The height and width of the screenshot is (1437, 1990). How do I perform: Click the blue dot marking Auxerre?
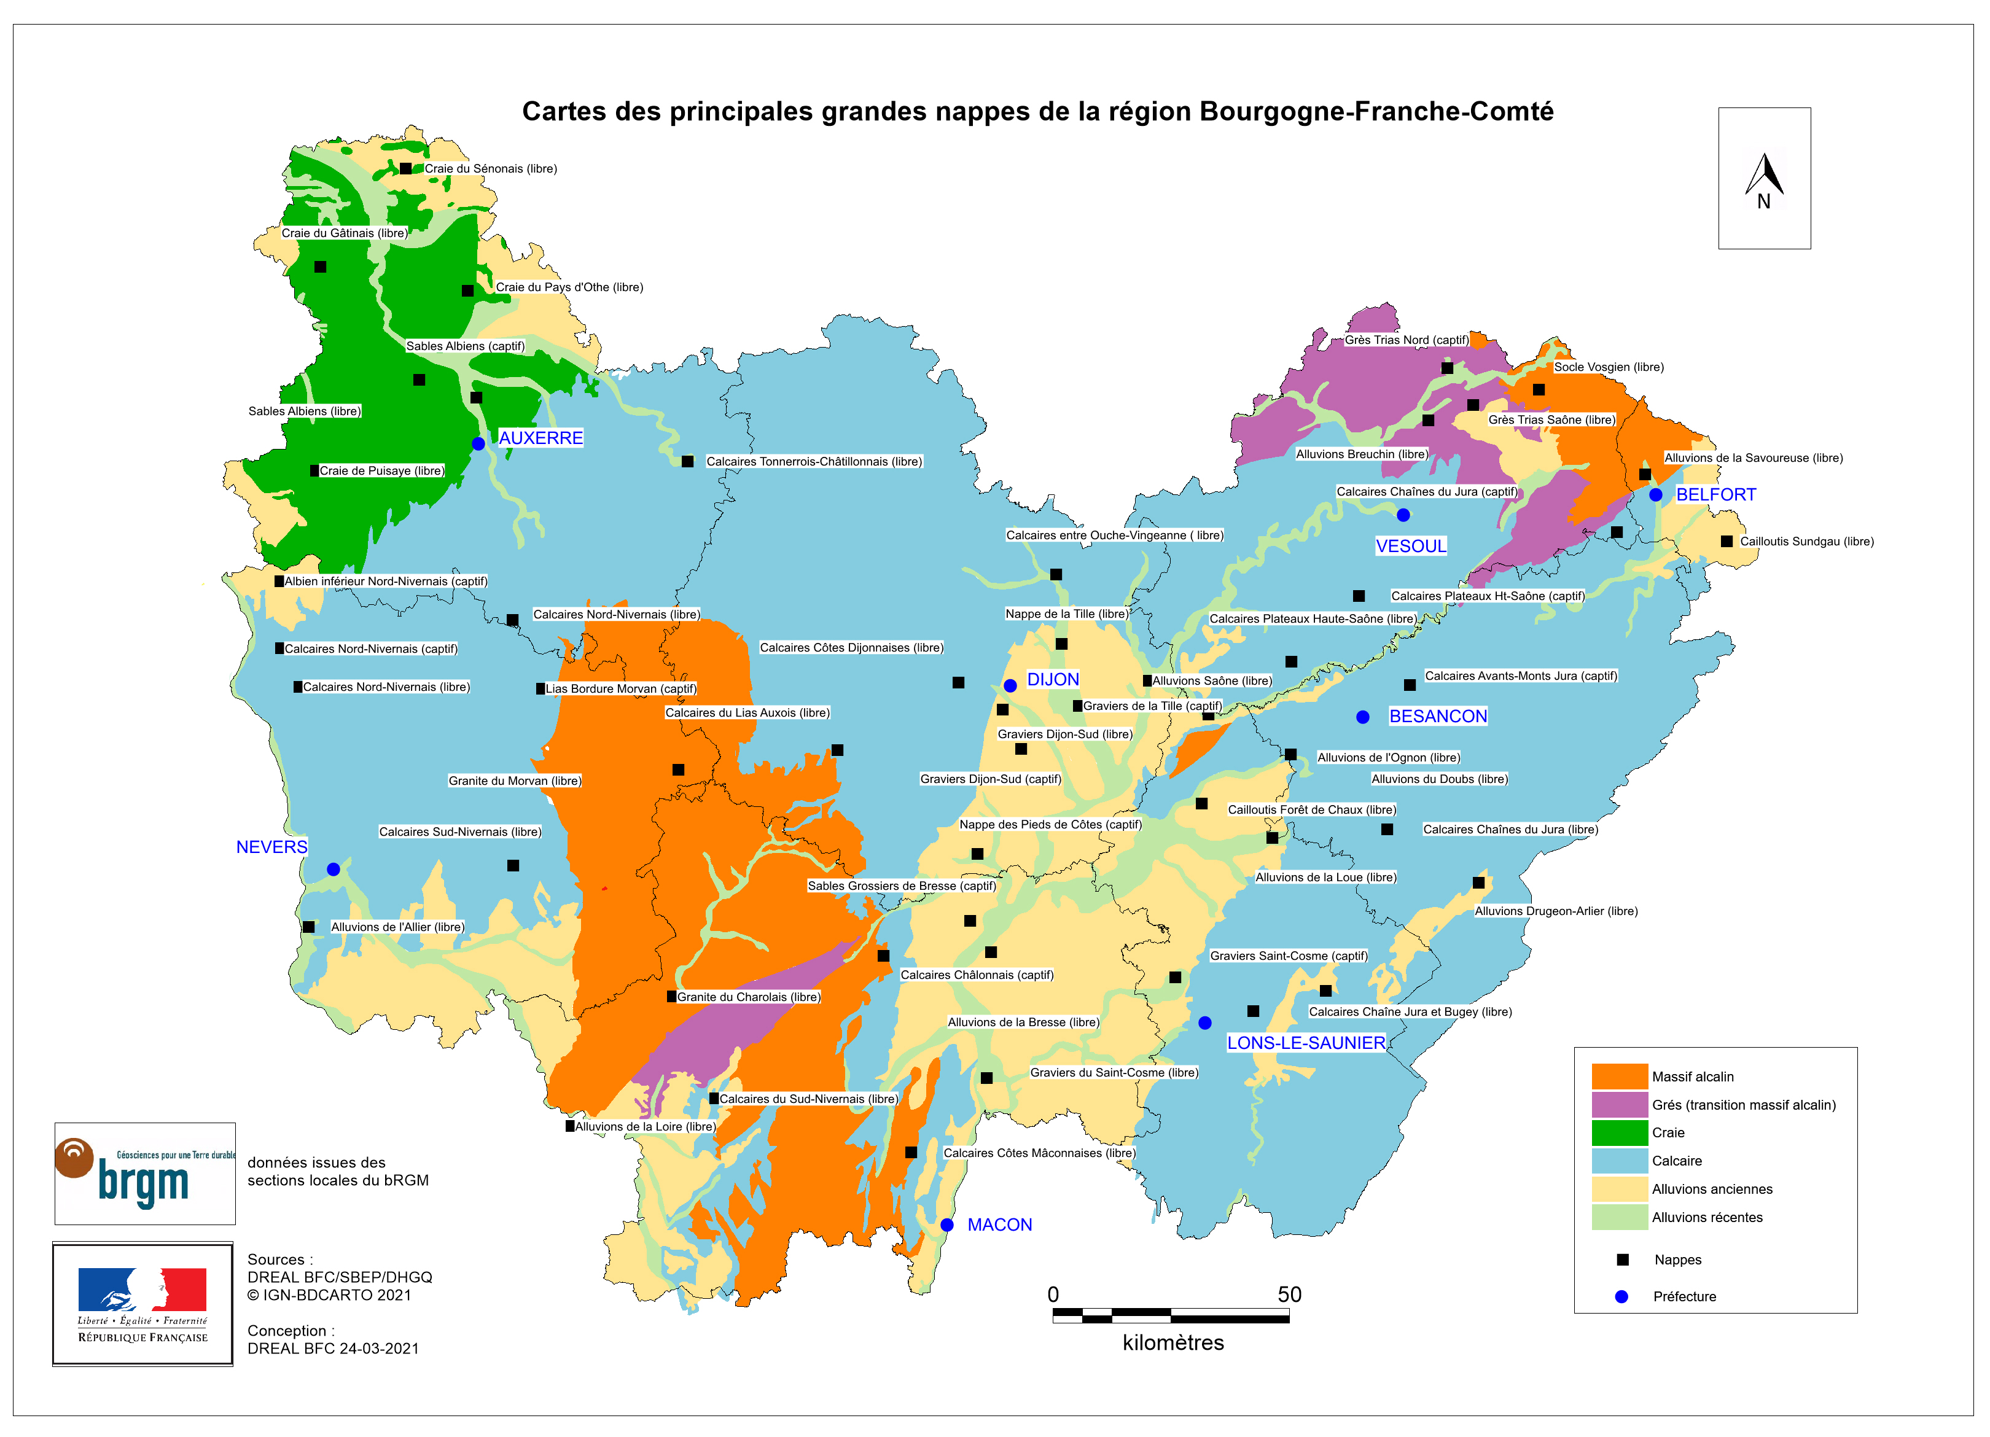[478, 444]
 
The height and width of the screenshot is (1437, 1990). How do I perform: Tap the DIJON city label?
[1053, 680]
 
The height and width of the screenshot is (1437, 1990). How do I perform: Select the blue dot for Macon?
[946, 1225]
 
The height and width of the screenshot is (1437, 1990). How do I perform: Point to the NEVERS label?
[272, 847]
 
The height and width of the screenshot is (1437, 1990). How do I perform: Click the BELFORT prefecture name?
[1715, 495]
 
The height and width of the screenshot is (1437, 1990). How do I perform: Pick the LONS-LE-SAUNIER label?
[1306, 1043]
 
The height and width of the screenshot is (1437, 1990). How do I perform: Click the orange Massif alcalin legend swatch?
[1620, 1077]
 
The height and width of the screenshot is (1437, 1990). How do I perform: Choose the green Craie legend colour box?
[1620, 1132]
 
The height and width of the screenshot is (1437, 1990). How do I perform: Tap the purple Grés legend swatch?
[1620, 1105]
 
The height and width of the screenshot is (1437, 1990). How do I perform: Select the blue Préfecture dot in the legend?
[1621, 1296]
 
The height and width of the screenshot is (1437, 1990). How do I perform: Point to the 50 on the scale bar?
[1289, 1295]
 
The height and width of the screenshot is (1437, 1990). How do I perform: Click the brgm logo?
[145, 1174]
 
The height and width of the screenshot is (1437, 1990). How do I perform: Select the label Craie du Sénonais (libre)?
[491, 168]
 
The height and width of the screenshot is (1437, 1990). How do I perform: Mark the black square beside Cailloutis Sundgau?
[1726, 541]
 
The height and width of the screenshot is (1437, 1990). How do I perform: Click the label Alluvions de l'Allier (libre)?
[397, 927]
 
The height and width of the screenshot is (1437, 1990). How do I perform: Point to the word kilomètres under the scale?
[1173, 1343]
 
